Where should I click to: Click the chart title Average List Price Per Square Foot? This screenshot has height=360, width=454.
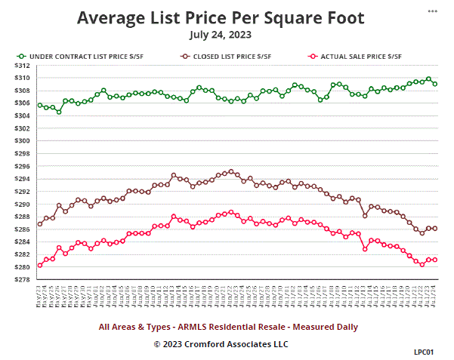(x=221, y=17)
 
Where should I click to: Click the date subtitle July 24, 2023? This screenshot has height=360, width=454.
(x=221, y=35)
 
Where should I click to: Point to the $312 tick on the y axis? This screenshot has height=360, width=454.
(x=24, y=66)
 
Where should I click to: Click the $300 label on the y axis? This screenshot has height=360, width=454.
(x=24, y=141)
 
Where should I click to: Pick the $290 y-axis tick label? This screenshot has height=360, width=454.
(x=24, y=205)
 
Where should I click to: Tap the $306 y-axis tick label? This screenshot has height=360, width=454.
(x=24, y=103)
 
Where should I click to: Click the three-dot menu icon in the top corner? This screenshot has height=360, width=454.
(x=432, y=12)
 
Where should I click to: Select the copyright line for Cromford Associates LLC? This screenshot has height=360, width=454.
(x=221, y=344)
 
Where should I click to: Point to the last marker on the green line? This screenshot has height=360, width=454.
(x=435, y=84)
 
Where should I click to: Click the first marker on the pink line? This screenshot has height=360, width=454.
(x=39, y=266)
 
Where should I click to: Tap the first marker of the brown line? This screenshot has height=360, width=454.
(x=39, y=224)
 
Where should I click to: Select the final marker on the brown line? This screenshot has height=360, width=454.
(x=435, y=229)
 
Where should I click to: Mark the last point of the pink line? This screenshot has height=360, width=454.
(x=435, y=260)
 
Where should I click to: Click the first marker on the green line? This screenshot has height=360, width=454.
(x=39, y=105)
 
